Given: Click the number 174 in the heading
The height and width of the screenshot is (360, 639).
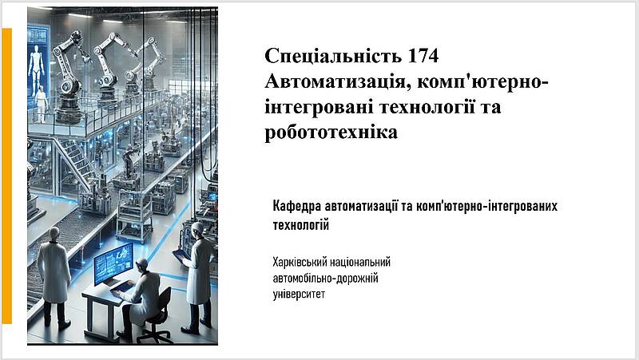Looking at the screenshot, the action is [423, 56].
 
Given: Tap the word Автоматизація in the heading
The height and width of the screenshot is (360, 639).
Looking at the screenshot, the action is [338, 82].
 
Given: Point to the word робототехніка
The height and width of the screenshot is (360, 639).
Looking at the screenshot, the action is [331, 133].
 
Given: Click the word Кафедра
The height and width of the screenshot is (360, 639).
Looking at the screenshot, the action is [297, 206].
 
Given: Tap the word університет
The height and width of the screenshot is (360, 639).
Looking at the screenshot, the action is [299, 294].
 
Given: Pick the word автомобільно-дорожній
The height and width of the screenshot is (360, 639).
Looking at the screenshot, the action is [325, 279].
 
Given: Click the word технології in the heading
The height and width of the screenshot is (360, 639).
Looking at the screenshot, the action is [427, 108].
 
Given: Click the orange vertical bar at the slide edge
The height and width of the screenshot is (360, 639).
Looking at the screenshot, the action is [6, 176].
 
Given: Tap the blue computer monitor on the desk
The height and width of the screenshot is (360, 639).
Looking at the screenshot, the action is [113, 263].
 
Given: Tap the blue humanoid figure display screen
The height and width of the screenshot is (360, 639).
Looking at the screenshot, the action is [37, 63].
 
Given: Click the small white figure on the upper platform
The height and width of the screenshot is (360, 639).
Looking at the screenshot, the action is [42, 105].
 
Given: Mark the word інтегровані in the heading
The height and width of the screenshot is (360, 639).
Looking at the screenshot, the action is [319, 108].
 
